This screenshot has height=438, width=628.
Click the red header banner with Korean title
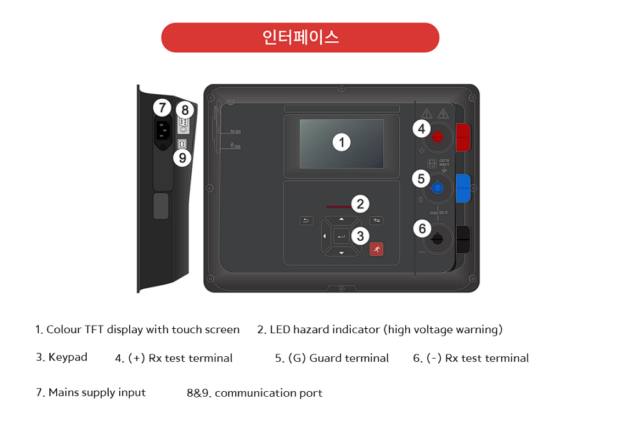(300, 37)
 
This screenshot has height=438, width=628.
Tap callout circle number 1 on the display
(341, 142)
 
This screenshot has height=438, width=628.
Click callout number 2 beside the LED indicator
(360, 203)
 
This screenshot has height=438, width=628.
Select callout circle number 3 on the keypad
(360, 235)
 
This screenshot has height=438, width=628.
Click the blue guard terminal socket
(438, 187)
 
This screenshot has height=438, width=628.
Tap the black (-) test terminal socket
(438, 238)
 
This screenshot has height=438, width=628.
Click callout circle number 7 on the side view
(162, 108)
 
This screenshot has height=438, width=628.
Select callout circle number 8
(185, 109)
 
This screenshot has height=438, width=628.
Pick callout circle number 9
(182, 158)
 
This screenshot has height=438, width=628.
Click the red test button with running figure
(376, 250)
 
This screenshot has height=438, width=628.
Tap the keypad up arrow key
(341, 220)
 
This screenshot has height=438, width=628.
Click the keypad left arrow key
(325, 236)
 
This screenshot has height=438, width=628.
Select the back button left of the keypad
(306, 221)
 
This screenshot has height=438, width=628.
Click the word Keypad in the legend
(67, 358)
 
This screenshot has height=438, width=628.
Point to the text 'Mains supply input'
(97, 392)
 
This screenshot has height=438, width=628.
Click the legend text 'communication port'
(268, 393)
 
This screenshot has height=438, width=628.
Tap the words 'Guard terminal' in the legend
(349, 358)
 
